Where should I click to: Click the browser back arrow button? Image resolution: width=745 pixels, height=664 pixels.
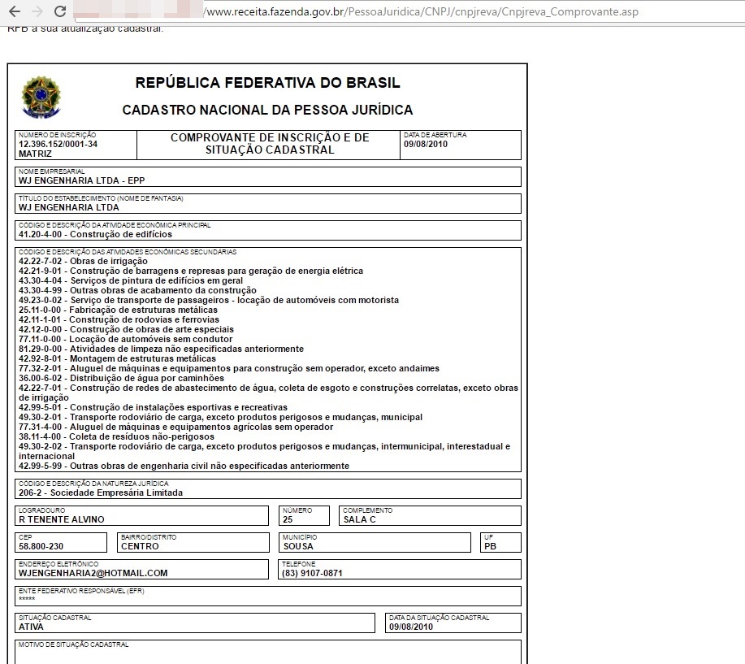pyautogui.click(x=14, y=12)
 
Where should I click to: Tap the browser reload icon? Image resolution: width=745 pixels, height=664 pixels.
pyautogui.click(x=59, y=12)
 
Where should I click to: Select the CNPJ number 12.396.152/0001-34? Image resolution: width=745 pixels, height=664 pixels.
pyautogui.click(x=58, y=144)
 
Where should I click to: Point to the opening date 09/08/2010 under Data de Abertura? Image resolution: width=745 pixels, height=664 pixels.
pyautogui.click(x=426, y=144)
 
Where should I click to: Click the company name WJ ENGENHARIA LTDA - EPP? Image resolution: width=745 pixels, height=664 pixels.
pyautogui.click(x=81, y=180)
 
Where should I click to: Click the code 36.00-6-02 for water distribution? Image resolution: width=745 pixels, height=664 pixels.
pyautogui.click(x=40, y=378)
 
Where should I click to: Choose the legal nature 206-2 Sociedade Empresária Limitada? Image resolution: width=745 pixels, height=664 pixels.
pyautogui.click(x=101, y=493)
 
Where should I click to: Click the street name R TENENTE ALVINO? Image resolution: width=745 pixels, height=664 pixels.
pyautogui.click(x=62, y=519)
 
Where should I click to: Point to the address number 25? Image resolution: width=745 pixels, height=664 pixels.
pyautogui.click(x=288, y=519)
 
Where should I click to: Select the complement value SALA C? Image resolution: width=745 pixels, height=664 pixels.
pyautogui.click(x=360, y=519)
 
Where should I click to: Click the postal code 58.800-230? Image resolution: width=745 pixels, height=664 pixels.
pyautogui.click(x=41, y=546)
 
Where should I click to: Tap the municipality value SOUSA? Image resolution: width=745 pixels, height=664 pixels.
pyautogui.click(x=297, y=546)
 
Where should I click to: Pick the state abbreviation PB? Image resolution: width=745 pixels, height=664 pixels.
pyautogui.click(x=491, y=546)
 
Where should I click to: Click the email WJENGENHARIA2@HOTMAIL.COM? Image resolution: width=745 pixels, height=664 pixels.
pyautogui.click(x=93, y=573)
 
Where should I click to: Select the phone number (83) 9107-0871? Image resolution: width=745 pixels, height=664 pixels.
pyautogui.click(x=312, y=573)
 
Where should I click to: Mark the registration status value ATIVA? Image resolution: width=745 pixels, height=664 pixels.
pyautogui.click(x=31, y=627)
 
